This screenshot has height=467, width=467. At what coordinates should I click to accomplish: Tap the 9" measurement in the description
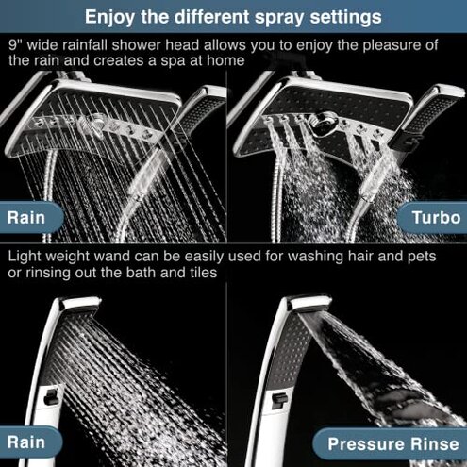15,44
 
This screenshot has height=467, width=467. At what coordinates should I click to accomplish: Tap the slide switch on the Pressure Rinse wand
279,402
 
